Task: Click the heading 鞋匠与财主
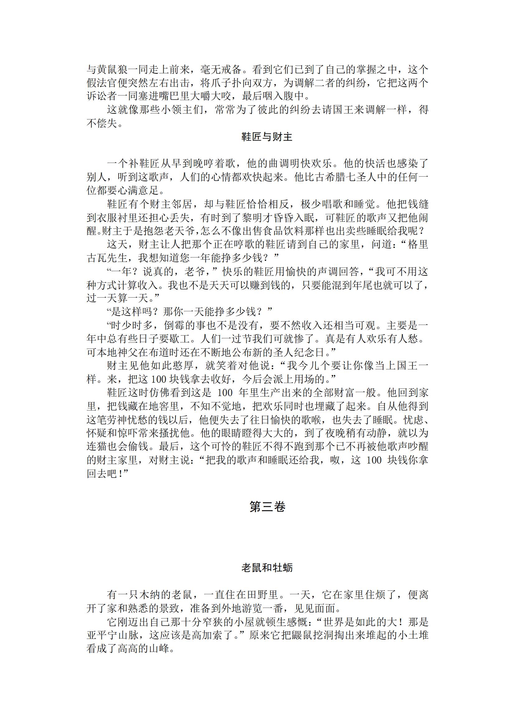pos(267,137)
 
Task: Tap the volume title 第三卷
pos(267,507)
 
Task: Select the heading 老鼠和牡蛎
pos(267,567)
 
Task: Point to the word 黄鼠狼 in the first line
pos(113,69)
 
